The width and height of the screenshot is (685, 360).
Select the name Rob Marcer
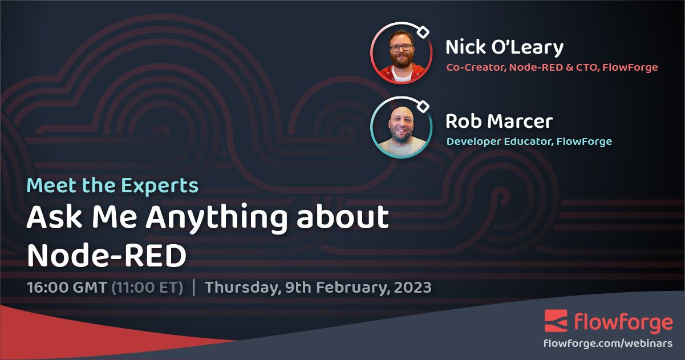click(x=498, y=121)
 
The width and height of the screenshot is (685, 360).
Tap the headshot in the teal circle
click(x=401, y=127)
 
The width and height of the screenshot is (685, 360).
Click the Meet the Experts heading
click(x=113, y=185)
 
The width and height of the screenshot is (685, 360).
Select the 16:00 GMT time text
click(x=66, y=287)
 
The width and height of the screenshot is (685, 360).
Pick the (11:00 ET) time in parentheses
click(x=147, y=287)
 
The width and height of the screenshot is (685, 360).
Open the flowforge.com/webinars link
click(x=608, y=343)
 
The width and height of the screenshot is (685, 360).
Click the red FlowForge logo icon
click(x=556, y=321)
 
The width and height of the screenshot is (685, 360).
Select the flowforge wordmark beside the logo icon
click(x=623, y=322)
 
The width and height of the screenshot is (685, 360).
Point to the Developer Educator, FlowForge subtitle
click(x=529, y=141)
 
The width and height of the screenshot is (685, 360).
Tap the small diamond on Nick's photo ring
click(x=423, y=33)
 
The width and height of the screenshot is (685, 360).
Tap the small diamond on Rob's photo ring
click(x=423, y=107)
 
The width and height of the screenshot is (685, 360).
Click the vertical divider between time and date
click(x=194, y=287)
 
